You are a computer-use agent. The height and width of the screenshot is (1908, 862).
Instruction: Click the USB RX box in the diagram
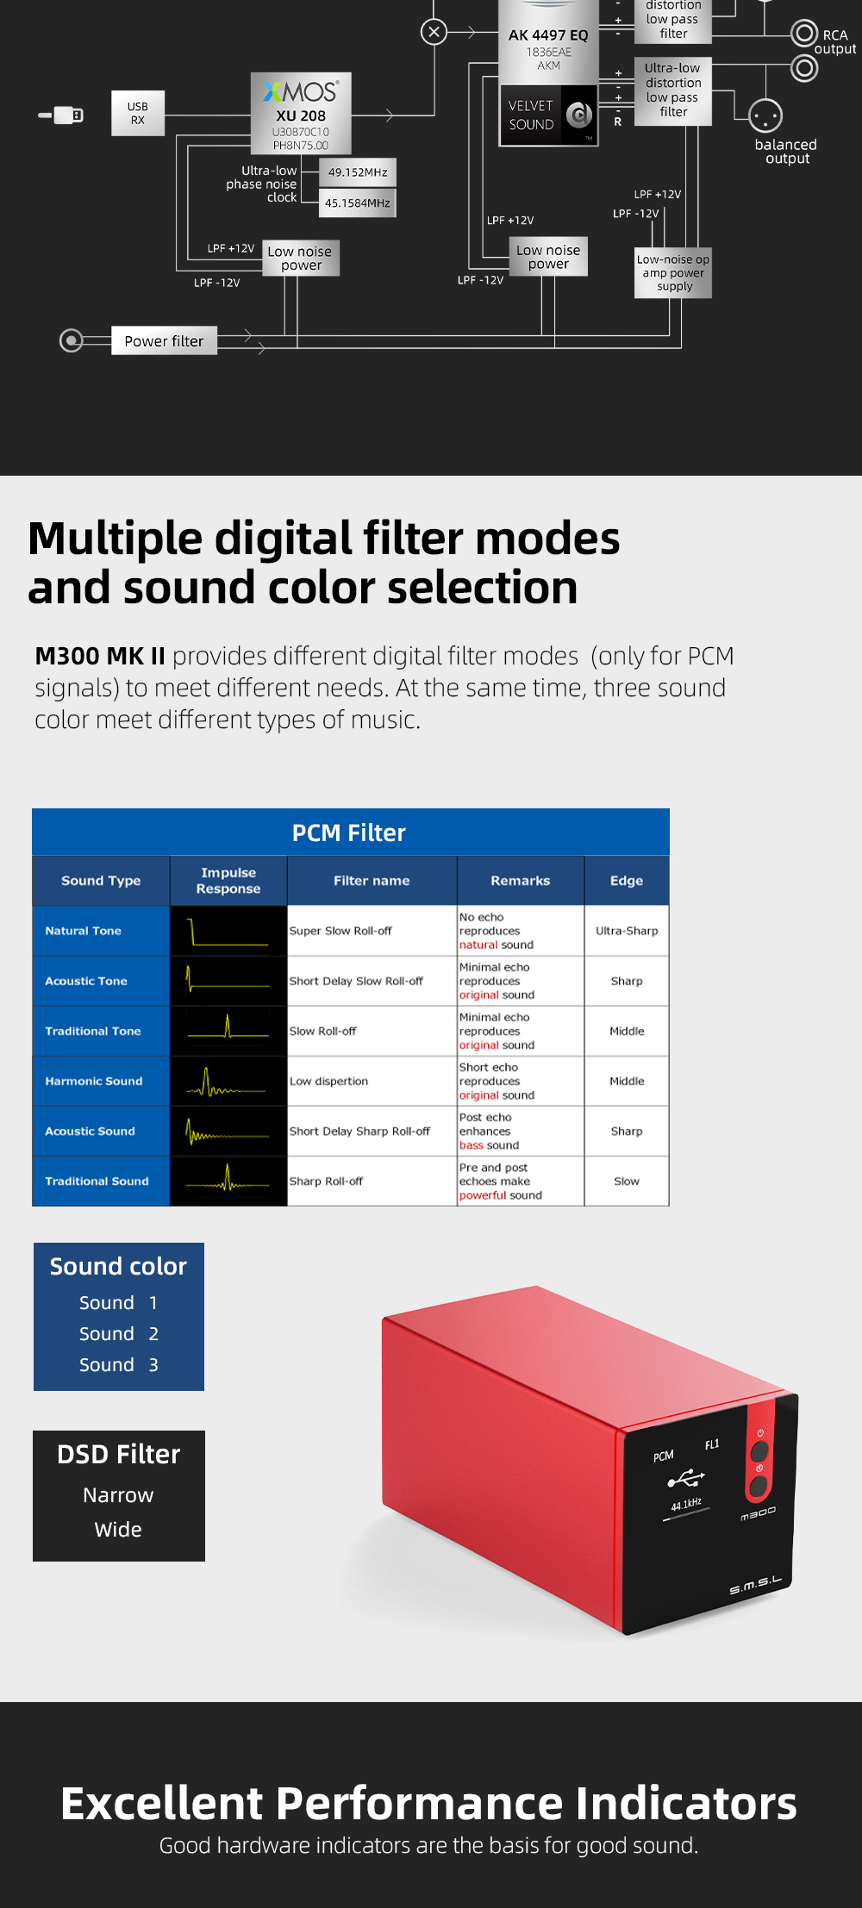point(138,113)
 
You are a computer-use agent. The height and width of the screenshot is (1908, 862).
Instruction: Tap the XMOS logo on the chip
point(301,91)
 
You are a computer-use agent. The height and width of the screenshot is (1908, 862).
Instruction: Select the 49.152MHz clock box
point(357,172)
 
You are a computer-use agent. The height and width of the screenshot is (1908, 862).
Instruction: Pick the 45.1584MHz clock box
point(357,203)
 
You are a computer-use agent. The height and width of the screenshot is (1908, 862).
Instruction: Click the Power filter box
point(164,341)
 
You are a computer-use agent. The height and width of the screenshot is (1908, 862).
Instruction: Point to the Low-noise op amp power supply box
point(673,273)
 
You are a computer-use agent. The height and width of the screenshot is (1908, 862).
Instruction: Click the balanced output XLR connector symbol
point(765,115)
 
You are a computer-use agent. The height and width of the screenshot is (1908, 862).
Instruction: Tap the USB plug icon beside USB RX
point(62,115)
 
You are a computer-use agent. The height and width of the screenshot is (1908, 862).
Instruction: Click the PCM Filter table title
point(349,832)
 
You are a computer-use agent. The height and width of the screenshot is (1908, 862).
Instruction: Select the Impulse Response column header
point(228,881)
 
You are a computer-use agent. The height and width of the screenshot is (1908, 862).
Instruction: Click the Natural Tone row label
point(84,931)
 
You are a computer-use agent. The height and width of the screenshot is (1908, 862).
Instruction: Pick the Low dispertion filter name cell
point(328,1082)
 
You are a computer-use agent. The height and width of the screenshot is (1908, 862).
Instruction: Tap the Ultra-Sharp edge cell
point(627,931)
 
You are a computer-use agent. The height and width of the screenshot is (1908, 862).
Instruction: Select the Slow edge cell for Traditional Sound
point(627,1182)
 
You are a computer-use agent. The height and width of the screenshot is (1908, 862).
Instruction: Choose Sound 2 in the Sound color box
point(119,1334)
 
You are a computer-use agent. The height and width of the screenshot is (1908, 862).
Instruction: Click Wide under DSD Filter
point(118,1530)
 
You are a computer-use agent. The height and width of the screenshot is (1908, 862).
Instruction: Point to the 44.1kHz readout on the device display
point(686,1505)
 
